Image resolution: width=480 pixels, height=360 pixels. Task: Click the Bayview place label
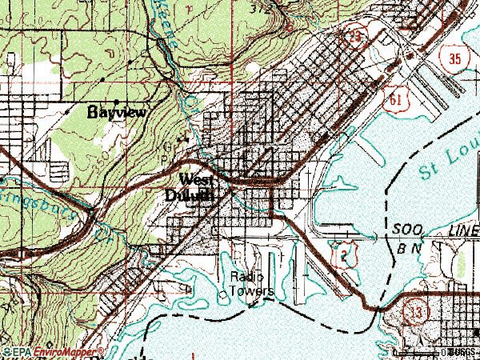(116, 113)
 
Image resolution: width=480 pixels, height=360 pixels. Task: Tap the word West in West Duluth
(196, 179)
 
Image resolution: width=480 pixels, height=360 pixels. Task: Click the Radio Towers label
(252, 284)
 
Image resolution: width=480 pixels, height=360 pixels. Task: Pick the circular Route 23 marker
(354, 37)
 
